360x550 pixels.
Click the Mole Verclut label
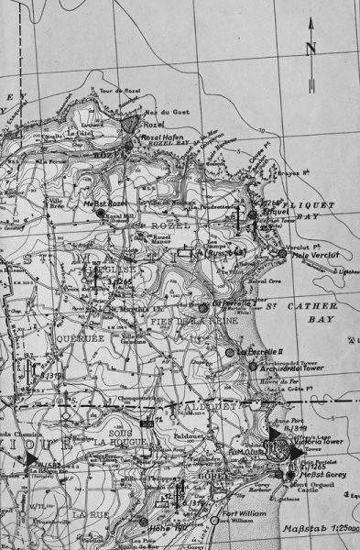tap(311, 254)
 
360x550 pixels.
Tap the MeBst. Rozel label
tap(103, 203)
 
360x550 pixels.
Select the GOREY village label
tap(207, 478)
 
